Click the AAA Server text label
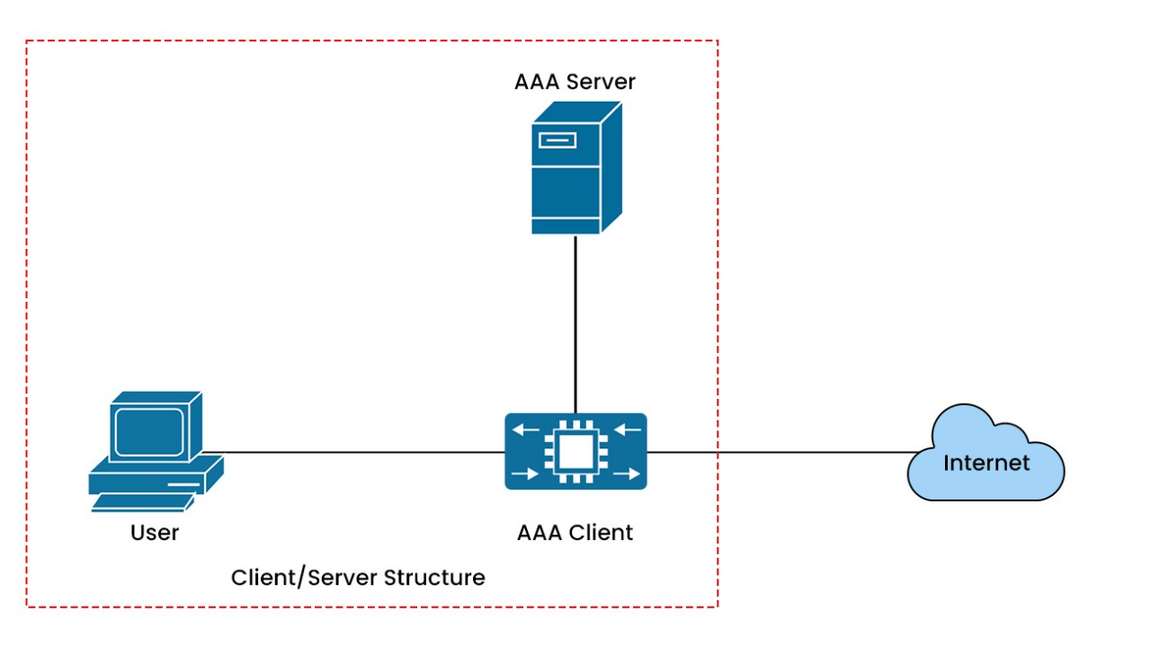[x=575, y=82]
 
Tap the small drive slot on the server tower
[x=557, y=139]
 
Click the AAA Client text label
[x=575, y=533]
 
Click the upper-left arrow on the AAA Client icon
[x=524, y=429]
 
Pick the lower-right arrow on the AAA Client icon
[x=628, y=473]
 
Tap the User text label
[x=155, y=533]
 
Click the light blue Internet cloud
[x=986, y=454]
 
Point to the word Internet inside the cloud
[x=986, y=464]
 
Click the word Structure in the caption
[x=434, y=577]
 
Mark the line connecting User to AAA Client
[x=360, y=452]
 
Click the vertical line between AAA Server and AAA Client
[x=575, y=323]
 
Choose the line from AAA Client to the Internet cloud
[x=773, y=452]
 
